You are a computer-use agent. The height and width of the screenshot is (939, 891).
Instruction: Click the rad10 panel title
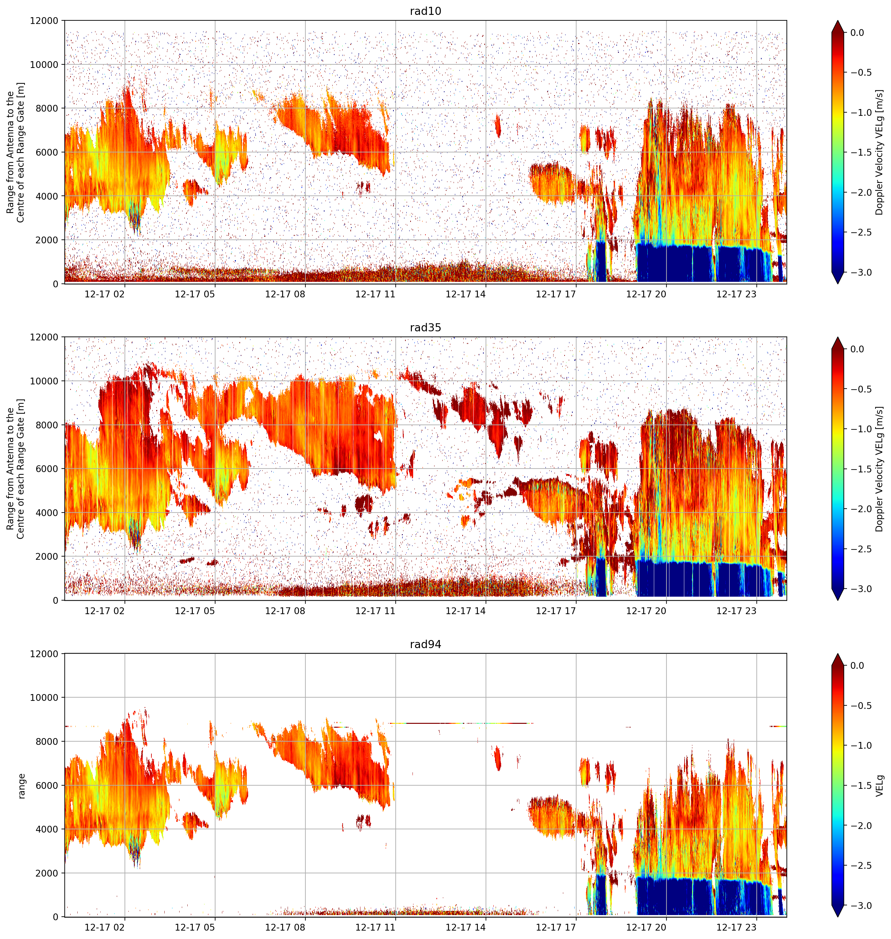click(425, 11)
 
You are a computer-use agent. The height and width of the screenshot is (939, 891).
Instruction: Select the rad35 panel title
click(425, 327)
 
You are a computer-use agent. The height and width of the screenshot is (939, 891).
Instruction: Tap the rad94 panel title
click(425, 644)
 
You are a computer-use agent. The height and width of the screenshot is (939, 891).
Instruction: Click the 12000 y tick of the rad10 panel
click(44, 20)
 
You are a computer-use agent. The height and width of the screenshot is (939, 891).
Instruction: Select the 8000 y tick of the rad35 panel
click(47, 425)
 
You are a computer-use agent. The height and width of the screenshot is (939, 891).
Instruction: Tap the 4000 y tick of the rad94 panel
click(47, 829)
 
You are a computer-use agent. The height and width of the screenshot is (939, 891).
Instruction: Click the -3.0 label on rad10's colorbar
click(861, 272)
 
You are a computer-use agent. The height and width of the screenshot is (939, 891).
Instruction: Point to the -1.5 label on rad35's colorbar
click(861, 469)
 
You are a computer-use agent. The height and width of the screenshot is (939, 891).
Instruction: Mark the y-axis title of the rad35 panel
click(15, 469)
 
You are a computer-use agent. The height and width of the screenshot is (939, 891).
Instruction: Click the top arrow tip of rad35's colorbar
click(838, 337)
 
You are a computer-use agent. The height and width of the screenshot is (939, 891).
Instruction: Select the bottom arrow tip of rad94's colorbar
click(838, 917)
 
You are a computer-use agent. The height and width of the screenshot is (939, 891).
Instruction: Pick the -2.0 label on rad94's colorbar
click(861, 825)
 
